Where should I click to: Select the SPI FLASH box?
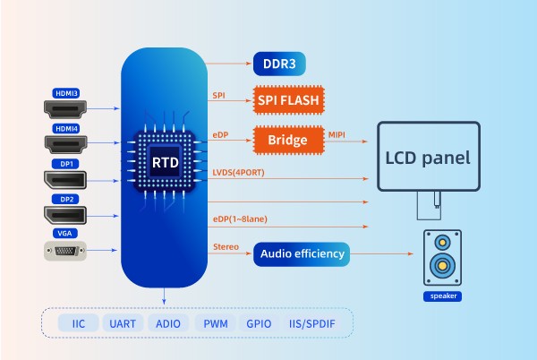click(x=288, y=101)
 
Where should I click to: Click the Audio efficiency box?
click(x=302, y=253)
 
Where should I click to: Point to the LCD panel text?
click(x=427, y=158)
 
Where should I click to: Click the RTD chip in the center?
click(x=164, y=162)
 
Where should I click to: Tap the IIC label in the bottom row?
click(x=77, y=322)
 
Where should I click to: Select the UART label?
click(x=121, y=322)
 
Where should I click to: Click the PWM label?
click(x=215, y=322)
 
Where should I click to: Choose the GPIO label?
click(x=260, y=322)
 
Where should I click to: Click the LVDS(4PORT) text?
click(x=238, y=171)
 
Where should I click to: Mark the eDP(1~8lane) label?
click(x=240, y=219)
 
